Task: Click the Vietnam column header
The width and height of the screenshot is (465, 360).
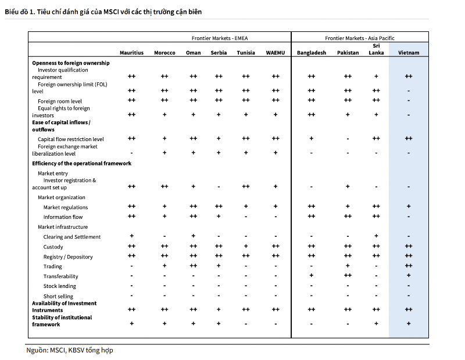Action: pyautogui.click(x=409, y=53)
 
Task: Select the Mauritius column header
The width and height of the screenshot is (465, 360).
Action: pyautogui.click(x=131, y=53)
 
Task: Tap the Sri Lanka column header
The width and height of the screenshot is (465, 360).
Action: pyautogui.click(x=376, y=49)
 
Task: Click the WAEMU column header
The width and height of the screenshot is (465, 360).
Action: pyautogui.click(x=275, y=53)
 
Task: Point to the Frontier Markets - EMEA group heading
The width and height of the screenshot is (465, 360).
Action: pyautogui.click(x=220, y=38)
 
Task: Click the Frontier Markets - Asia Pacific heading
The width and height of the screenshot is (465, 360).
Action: pyautogui.click(x=359, y=38)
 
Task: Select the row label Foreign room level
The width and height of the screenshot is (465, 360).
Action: pyautogui.click(x=60, y=102)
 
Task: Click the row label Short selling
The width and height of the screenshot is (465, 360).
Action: pyautogui.click(x=58, y=296)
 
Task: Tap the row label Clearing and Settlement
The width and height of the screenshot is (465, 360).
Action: pyautogui.click(x=71, y=237)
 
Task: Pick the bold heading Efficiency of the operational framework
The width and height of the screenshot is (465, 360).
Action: pyautogui.click(x=81, y=164)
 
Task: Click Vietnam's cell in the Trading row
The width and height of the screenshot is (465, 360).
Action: pyautogui.click(x=409, y=266)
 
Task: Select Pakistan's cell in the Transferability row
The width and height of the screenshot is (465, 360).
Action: pyautogui.click(x=348, y=276)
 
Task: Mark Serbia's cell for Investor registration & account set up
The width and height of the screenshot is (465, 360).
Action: pyautogui.click(x=219, y=187)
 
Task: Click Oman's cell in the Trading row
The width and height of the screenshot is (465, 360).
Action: pyautogui.click(x=193, y=266)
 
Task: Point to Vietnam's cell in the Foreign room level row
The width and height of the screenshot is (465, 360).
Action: pyautogui.click(x=409, y=100)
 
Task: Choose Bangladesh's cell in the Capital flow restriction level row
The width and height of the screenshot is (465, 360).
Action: pyautogui.click(x=311, y=138)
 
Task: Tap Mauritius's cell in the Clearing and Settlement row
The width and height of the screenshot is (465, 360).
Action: pyautogui.click(x=131, y=236)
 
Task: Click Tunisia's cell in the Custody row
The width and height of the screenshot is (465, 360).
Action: pyautogui.click(x=245, y=246)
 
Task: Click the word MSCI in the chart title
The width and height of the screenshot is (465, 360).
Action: pyautogui.click(x=111, y=12)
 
